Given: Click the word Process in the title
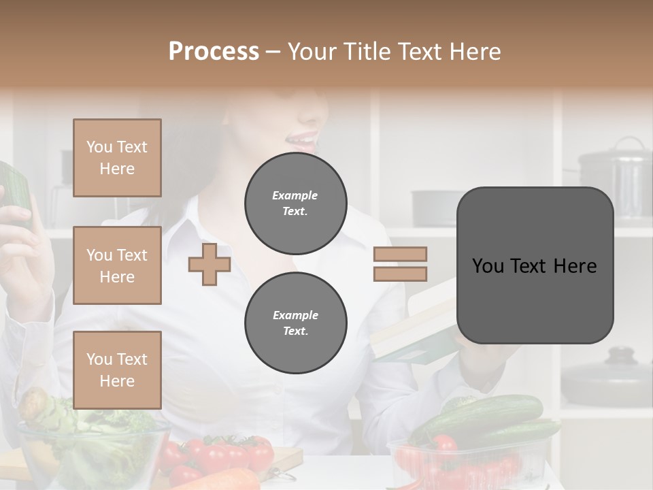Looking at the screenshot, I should pos(214,51).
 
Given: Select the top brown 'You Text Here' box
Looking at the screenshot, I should pos(117,158).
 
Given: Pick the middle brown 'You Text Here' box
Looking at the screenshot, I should pos(117,265).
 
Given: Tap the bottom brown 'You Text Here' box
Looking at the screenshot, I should pos(117,370).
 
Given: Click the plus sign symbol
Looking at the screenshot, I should pos(210,264).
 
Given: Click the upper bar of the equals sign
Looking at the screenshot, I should pos(400,254).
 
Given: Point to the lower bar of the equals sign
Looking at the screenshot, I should pos(400,274).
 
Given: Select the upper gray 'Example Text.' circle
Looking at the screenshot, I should pos(295,203).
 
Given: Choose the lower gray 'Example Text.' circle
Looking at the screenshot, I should pos(295,323).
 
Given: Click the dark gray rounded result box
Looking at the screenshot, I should pos(535,265).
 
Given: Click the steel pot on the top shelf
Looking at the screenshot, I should pos(615,177).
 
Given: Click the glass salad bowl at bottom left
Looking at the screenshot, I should pos(88,449).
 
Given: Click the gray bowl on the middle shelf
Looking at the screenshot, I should pos(435,208).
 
